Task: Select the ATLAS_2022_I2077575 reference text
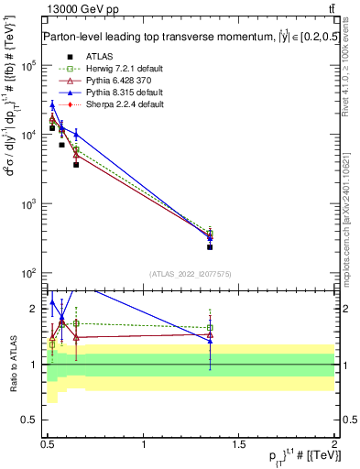(x=191, y=274)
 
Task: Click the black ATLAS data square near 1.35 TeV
(x=210, y=246)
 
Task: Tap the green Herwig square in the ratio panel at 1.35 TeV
(x=210, y=328)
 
